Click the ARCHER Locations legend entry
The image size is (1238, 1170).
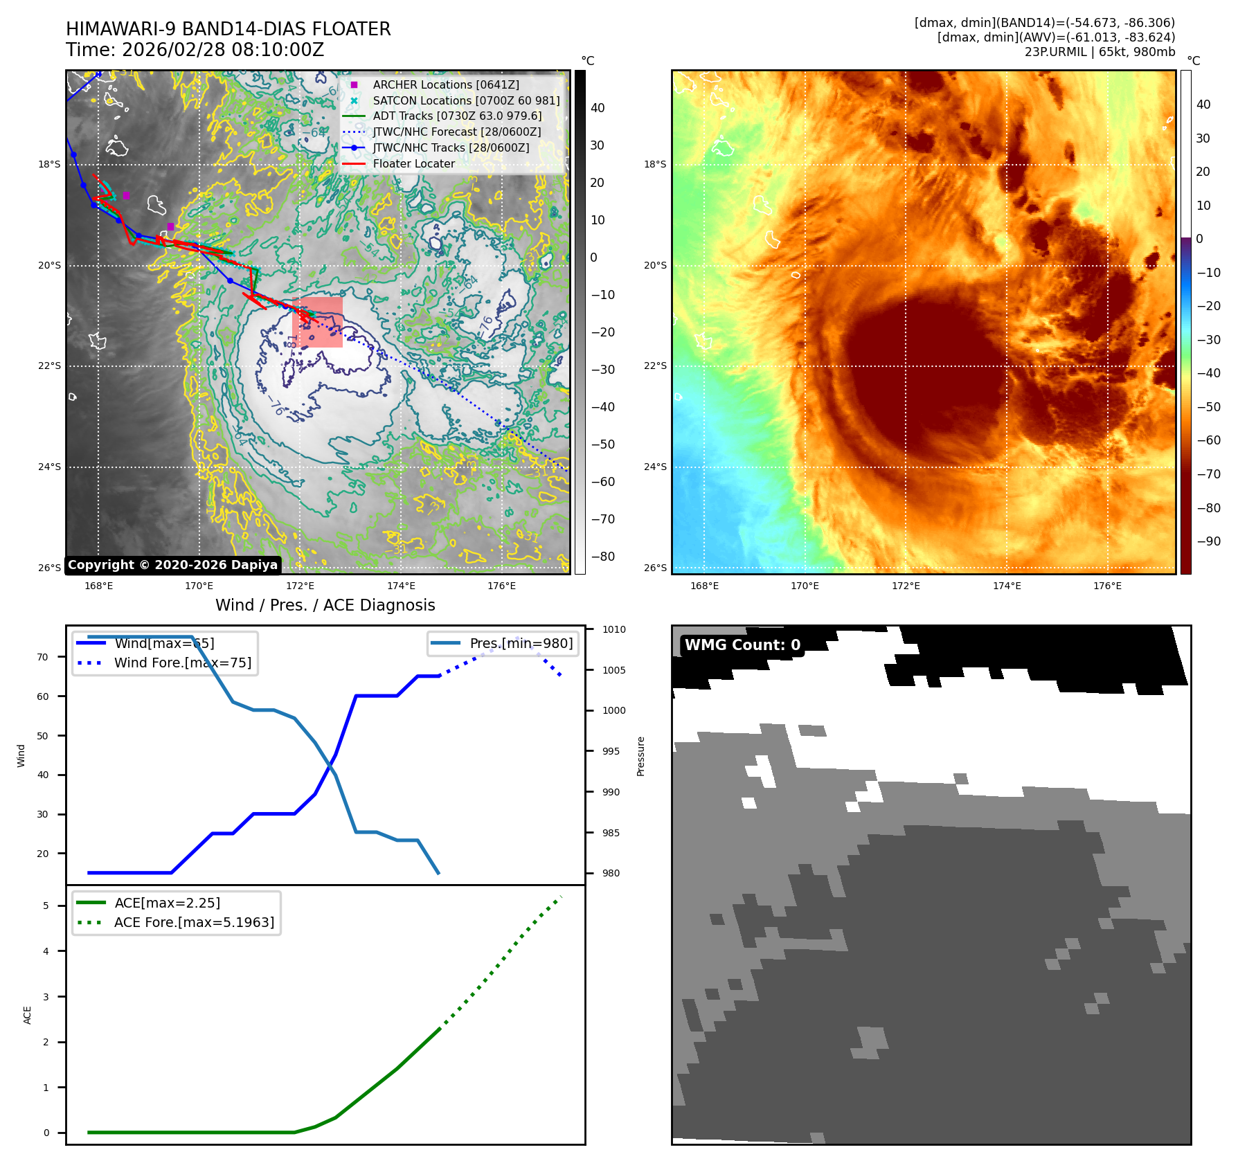(445, 84)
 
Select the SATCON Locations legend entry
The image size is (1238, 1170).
(465, 100)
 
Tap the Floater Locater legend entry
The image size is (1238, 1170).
(413, 164)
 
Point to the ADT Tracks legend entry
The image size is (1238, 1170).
(457, 116)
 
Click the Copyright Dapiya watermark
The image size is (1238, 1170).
(173, 565)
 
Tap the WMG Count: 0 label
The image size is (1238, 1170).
(742, 645)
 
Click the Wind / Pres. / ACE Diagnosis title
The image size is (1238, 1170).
(325, 605)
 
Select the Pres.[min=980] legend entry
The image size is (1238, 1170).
(521, 643)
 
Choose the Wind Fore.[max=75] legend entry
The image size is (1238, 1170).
(182, 663)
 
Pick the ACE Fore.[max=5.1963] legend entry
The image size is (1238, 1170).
(194, 922)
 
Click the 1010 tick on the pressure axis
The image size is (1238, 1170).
(613, 629)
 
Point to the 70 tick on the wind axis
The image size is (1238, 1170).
(43, 657)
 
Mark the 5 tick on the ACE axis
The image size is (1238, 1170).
(46, 906)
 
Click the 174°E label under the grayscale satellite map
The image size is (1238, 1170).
(401, 586)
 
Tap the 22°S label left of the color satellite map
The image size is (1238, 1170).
(655, 366)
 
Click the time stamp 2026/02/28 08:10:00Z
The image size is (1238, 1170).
(222, 50)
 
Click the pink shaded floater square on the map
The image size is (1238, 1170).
(318, 322)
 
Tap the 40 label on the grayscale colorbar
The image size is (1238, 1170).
(598, 108)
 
